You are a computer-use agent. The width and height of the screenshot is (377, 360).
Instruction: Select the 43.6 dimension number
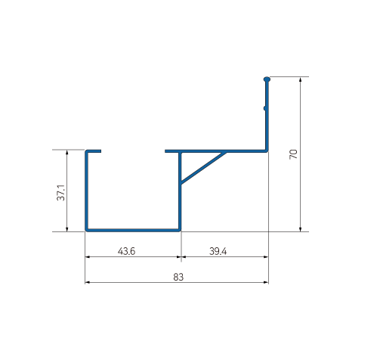(x=126, y=251)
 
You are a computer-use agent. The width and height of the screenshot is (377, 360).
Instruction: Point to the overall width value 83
(x=178, y=277)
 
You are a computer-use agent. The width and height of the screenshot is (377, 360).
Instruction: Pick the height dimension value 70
(x=293, y=156)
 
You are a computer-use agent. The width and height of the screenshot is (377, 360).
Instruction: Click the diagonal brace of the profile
(x=202, y=168)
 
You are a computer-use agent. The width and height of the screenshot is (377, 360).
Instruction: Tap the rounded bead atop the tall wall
(x=267, y=79)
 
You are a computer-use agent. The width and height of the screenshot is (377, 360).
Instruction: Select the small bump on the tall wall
(x=264, y=108)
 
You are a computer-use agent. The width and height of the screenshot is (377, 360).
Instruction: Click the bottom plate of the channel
(x=133, y=228)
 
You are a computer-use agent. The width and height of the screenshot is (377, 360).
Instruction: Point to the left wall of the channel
(x=86, y=189)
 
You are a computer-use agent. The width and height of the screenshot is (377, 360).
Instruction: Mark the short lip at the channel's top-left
(x=94, y=151)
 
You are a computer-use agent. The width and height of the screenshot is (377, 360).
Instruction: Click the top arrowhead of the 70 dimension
(x=301, y=80)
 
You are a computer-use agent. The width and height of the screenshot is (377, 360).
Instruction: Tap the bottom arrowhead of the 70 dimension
(x=301, y=228)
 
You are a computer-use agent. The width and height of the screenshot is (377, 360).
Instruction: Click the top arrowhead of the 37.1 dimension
(x=69, y=154)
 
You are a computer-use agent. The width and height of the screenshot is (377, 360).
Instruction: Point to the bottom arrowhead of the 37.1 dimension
(x=69, y=228)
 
